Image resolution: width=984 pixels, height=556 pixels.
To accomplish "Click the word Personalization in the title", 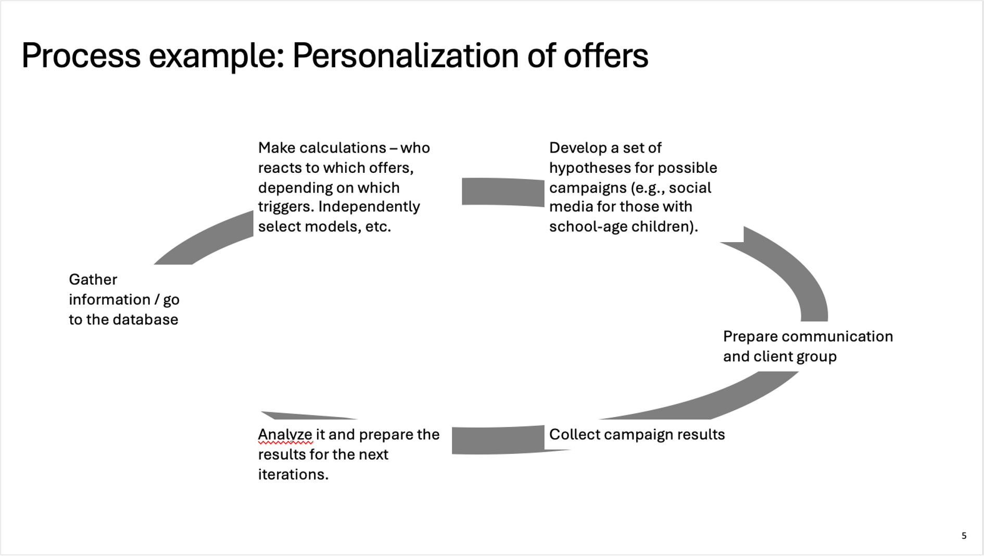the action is click(x=405, y=56).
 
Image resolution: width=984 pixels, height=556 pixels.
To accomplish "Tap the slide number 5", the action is click(x=964, y=536).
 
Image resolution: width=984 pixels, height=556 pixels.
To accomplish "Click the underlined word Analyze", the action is click(x=285, y=435).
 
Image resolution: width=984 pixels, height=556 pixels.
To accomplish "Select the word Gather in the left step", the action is click(x=93, y=280).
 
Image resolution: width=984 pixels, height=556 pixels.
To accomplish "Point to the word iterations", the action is click(x=293, y=474).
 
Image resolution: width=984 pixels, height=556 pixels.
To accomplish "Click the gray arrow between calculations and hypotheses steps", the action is click(x=503, y=192).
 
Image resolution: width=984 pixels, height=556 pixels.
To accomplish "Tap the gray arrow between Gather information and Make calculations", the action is click(x=204, y=238).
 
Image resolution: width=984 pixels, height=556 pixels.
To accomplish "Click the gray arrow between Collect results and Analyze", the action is click(x=498, y=440).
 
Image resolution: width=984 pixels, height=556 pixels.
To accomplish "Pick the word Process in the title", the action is click(x=81, y=56).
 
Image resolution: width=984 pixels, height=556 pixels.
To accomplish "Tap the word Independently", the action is click(x=369, y=207).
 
